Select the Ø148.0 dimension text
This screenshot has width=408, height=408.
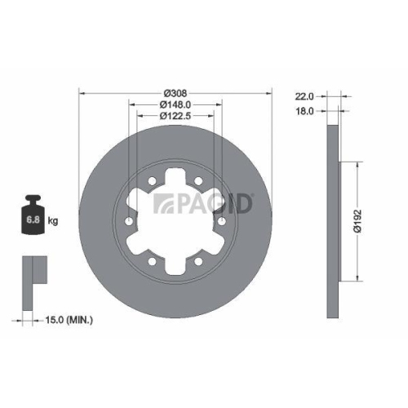pos(176,104)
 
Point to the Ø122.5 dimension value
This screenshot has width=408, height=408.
pos(176,118)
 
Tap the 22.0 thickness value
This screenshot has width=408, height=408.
pos(306,95)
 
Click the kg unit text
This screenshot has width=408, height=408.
pos(54,221)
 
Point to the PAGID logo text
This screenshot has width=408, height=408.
pos(204,202)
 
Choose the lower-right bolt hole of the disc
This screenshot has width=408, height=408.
pos(200,262)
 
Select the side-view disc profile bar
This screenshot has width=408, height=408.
pos(332,222)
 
